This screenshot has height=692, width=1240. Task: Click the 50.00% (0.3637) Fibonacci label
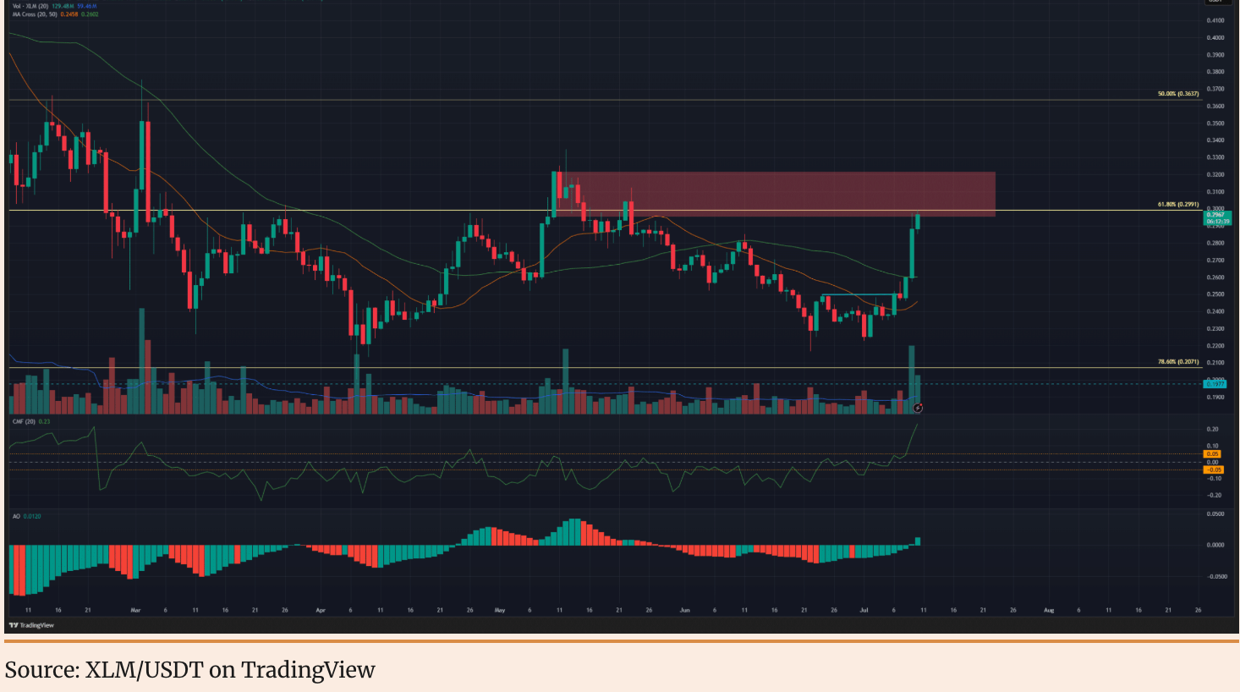(x=1177, y=94)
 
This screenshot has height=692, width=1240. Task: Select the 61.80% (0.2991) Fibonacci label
(x=1177, y=205)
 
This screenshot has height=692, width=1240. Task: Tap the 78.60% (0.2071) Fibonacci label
(x=1177, y=362)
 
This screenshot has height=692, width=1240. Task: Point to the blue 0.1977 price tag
(x=1215, y=384)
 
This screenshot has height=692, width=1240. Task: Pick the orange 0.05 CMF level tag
(x=1213, y=454)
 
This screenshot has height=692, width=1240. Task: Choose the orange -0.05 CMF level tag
(x=1213, y=470)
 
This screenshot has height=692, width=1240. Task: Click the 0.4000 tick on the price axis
(x=1215, y=38)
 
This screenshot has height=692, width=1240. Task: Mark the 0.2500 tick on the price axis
(x=1215, y=294)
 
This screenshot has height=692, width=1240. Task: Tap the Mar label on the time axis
(x=135, y=610)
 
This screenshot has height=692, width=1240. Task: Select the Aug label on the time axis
(x=1049, y=610)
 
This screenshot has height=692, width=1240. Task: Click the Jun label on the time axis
(x=684, y=610)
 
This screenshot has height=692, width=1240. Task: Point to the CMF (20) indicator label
(x=24, y=421)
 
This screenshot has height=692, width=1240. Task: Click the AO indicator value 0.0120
(x=32, y=516)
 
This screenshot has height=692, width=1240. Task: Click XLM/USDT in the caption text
(x=144, y=670)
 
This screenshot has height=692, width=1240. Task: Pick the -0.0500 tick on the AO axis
(x=1215, y=577)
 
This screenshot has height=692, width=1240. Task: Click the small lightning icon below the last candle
(x=918, y=408)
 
